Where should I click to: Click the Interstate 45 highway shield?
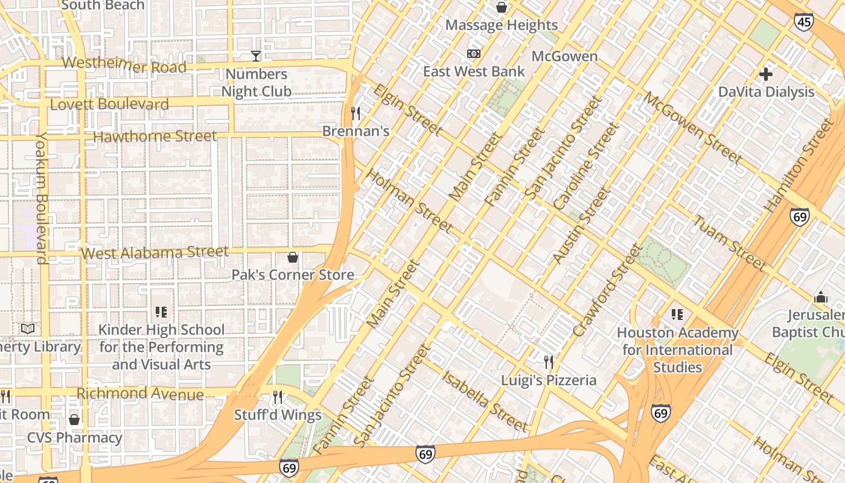803,22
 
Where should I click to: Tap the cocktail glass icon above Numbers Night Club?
256,56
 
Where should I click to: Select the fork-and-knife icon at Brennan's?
356,113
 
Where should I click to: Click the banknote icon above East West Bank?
474,54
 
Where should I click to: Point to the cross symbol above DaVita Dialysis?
766,74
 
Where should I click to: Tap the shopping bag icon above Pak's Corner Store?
293,258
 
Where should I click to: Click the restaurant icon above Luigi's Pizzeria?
549,362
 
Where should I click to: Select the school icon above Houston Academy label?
677,315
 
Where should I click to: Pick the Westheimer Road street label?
124,65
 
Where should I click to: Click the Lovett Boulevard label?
109,104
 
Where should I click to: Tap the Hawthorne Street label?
155,136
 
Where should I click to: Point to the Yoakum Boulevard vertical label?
41,199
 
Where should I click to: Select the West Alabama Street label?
155,252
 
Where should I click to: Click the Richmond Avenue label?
140,394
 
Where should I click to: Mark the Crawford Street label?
607,290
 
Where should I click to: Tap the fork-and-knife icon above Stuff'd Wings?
278,397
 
